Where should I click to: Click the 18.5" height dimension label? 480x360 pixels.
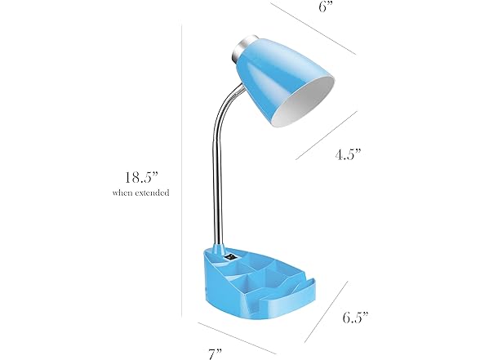[141, 177]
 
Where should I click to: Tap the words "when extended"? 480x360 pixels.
[140, 193]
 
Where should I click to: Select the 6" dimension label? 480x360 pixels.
[326, 7]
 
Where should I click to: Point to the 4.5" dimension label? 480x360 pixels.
[349, 154]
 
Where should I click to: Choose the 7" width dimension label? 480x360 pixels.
[215, 354]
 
